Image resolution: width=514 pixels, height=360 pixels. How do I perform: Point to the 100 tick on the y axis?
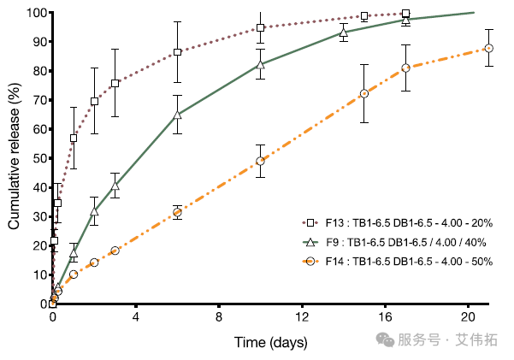tap(32, 13)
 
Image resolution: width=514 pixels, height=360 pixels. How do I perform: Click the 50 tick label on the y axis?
tap(36, 158)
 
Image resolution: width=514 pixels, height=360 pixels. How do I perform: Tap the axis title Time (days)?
tap(270, 341)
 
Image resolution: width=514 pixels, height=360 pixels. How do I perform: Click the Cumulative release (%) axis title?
tap(14, 157)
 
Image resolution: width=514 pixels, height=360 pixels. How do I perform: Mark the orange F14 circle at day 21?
tap(488, 49)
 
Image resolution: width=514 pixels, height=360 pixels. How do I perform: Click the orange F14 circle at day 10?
tap(260, 161)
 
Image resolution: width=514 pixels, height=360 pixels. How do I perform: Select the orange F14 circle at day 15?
tap(364, 93)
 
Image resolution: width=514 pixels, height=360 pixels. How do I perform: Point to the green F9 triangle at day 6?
tap(177, 115)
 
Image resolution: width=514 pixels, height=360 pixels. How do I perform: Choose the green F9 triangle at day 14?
tap(344, 32)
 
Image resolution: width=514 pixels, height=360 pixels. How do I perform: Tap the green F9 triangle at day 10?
tap(260, 64)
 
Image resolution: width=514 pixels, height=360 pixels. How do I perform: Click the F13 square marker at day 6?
tap(177, 52)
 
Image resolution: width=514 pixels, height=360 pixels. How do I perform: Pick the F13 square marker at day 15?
tap(364, 16)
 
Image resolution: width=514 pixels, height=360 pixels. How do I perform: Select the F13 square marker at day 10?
tap(260, 27)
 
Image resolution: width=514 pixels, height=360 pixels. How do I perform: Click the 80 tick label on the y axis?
tap(36, 71)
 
